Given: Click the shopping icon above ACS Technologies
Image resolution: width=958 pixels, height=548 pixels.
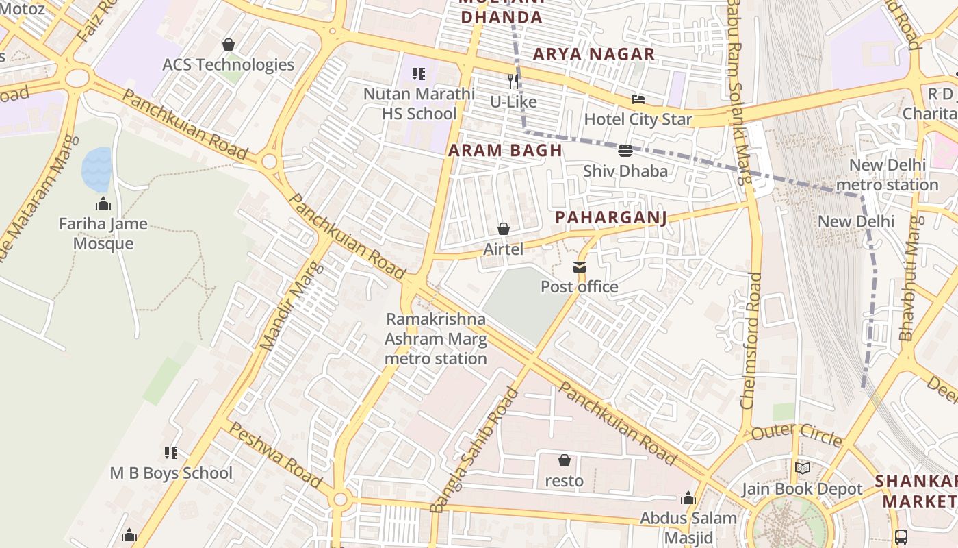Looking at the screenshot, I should pyautogui.click(x=229, y=45).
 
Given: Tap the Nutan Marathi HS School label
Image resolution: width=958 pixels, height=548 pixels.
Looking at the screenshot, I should pyautogui.click(x=419, y=103).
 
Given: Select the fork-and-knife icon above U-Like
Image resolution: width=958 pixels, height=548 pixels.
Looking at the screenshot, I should pyautogui.click(x=513, y=82).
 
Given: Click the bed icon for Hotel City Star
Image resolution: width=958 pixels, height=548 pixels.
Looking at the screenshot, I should pyautogui.click(x=638, y=99).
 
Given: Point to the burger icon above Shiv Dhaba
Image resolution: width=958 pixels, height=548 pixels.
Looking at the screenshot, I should pyautogui.click(x=625, y=151).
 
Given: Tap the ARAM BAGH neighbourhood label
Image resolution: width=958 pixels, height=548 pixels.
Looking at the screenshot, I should pyautogui.click(x=505, y=151).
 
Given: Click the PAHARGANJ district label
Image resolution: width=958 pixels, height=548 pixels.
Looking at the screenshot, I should pyautogui.click(x=610, y=217).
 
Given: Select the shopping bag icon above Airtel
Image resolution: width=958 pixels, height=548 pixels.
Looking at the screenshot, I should pyautogui.click(x=504, y=229).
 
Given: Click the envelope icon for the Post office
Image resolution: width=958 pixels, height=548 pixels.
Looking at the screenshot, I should pyautogui.click(x=580, y=266).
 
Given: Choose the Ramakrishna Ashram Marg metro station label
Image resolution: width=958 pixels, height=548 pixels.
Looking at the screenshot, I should pyautogui.click(x=436, y=338).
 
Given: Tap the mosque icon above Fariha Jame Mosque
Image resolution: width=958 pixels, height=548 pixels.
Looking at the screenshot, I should pyautogui.click(x=103, y=203).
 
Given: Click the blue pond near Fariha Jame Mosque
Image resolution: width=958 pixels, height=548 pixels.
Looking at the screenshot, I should pyautogui.click(x=97, y=169).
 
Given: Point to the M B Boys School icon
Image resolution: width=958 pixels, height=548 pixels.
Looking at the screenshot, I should pyautogui.click(x=171, y=453).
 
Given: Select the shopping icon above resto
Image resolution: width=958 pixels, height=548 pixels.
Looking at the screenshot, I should pyautogui.click(x=565, y=460).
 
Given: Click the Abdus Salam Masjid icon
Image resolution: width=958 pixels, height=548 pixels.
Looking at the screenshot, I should pyautogui.click(x=688, y=498).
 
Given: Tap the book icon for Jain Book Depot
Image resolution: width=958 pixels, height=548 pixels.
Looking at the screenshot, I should pyautogui.click(x=803, y=469).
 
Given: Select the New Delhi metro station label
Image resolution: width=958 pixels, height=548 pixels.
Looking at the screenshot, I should pyautogui.click(x=887, y=175).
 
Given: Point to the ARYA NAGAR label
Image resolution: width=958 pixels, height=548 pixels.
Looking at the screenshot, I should pyautogui.click(x=594, y=54).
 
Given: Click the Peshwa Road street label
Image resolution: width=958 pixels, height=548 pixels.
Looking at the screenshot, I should pyautogui.click(x=274, y=456).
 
